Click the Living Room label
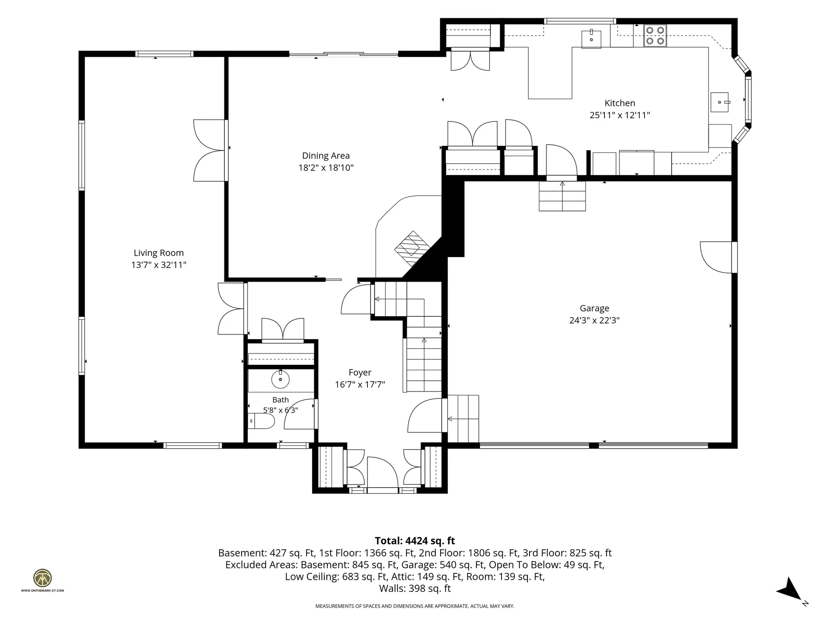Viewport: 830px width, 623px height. click(x=159, y=253)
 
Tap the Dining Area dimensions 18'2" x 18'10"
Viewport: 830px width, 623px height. click(x=326, y=168)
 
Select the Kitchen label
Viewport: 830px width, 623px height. click(x=620, y=103)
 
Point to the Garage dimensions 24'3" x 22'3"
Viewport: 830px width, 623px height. click(x=594, y=321)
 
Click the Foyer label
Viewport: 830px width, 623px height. click(x=360, y=373)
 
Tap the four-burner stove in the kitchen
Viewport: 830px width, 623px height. click(x=655, y=36)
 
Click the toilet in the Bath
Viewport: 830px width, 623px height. click(x=262, y=421)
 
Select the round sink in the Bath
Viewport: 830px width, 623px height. click(x=280, y=379)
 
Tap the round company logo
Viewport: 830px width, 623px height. click(x=43, y=578)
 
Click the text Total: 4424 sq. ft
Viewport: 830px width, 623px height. click(x=415, y=541)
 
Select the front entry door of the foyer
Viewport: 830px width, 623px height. click(x=382, y=473)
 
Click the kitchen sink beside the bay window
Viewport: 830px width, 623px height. click(x=720, y=102)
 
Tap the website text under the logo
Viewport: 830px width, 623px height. click(x=42, y=590)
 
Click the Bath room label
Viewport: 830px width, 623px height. click(x=281, y=400)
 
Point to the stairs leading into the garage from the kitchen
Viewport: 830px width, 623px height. click(x=562, y=196)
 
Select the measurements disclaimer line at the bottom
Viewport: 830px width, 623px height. click(x=415, y=606)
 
